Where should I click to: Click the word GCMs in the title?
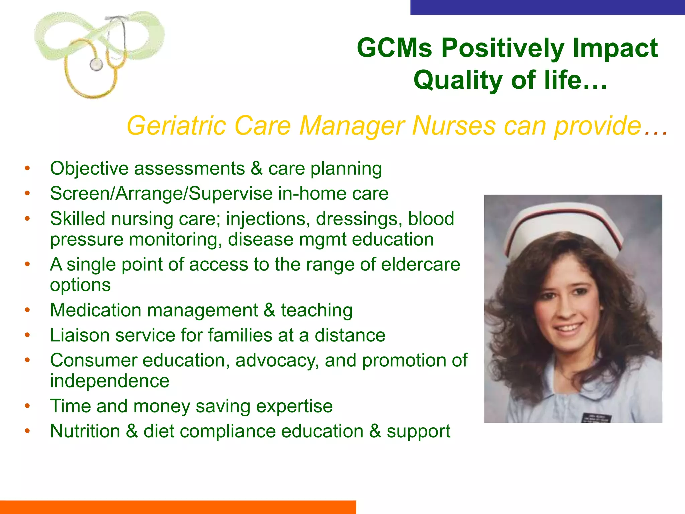[x=395, y=48]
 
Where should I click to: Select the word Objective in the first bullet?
[x=89, y=168]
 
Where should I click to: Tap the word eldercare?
[x=420, y=264]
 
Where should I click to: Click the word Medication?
[x=95, y=310]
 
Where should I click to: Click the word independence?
[x=109, y=381]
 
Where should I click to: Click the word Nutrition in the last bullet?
[x=85, y=431]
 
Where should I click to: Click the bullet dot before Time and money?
[x=27, y=406]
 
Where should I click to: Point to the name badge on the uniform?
[x=597, y=418]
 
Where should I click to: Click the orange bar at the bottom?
[x=177, y=507]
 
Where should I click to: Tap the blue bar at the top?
[x=547, y=7]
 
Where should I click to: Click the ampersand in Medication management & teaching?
[x=269, y=310]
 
